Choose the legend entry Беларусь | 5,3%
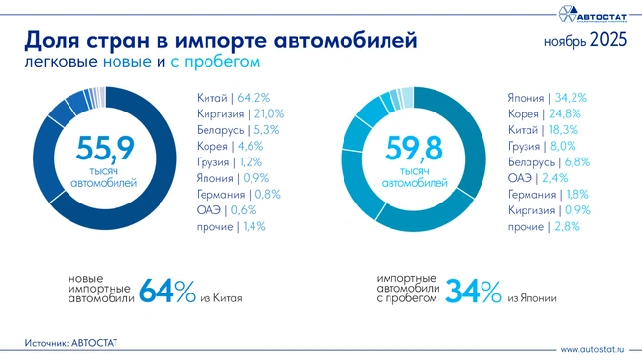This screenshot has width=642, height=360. [231, 129]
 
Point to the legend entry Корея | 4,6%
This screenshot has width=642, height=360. [223, 146]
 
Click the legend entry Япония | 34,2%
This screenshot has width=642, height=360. [546, 98]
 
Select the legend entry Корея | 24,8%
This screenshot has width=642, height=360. [543, 113]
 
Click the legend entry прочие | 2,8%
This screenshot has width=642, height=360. [543, 226]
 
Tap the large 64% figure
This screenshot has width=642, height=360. [166, 292]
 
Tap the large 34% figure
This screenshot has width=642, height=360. [474, 292]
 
